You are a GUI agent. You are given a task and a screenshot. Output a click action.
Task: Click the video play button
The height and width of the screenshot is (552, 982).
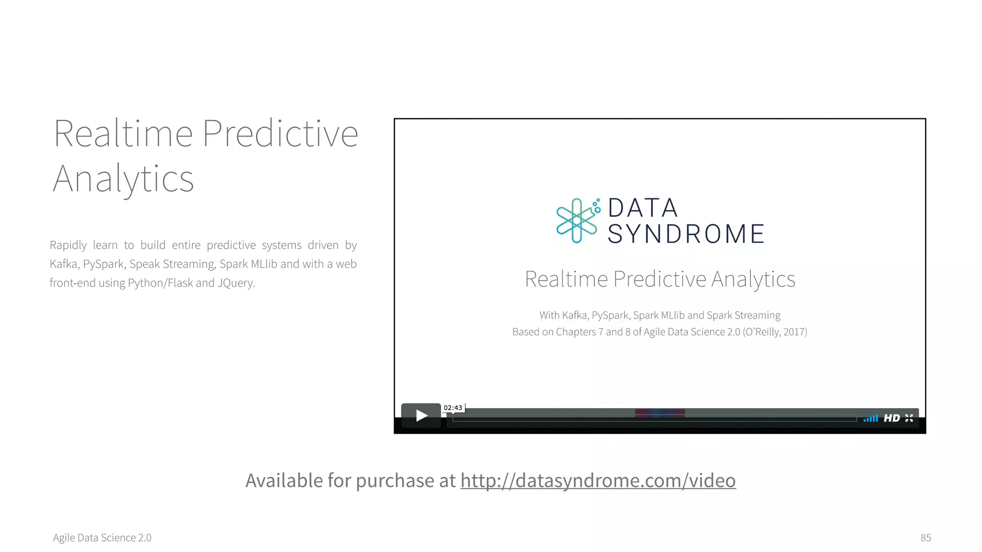[421, 415]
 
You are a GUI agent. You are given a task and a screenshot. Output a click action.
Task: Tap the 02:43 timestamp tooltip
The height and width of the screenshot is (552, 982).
[453, 408]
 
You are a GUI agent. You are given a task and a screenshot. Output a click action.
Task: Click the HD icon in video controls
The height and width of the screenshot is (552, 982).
[891, 418]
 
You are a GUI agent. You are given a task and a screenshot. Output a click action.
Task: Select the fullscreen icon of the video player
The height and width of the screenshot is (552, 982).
[909, 418]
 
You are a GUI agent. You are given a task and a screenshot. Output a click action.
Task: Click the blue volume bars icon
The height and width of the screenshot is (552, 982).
[871, 418]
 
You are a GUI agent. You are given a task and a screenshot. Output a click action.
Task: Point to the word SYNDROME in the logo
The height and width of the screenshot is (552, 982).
[686, 234]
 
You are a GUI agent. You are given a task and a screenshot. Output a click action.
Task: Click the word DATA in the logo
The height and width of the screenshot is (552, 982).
[643, 208]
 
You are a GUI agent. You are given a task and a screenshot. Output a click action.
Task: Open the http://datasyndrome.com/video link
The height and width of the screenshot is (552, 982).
[598, 481]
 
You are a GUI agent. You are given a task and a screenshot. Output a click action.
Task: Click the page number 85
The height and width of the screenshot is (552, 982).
[925, 538]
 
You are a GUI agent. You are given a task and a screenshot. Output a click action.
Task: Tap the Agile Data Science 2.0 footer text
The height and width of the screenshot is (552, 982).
[102, 538]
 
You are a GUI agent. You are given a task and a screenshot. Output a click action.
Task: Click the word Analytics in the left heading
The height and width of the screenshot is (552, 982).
[123, 179]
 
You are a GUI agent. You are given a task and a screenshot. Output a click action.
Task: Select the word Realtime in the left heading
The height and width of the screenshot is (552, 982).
[123, 134]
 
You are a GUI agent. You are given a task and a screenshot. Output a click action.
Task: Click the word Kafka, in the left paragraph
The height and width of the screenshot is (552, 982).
[64, 264]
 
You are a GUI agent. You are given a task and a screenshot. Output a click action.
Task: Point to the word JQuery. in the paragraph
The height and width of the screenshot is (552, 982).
[236, 283]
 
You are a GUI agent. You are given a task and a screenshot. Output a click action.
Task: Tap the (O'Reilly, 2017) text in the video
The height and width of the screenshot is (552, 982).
[775, 332]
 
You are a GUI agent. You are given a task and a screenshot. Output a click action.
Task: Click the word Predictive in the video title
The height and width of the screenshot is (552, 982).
[659, 279]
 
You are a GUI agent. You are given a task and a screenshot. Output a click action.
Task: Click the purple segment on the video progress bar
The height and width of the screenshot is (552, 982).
[660, 413]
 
